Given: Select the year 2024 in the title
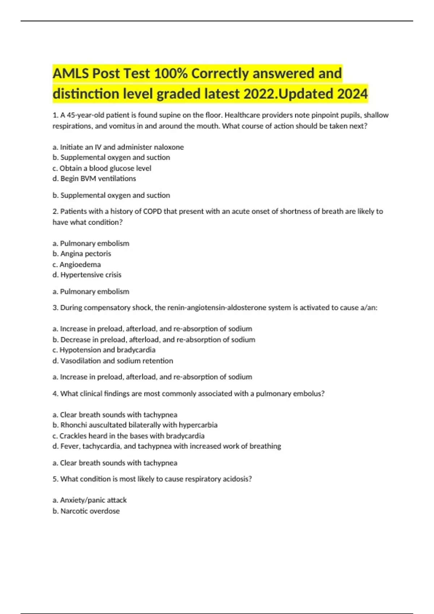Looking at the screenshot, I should click(x=352, y=94).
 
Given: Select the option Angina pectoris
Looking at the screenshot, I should click(x=85, y=254).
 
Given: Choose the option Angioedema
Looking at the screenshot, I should click(x=80, y=264).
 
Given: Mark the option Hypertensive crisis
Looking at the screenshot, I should click(x=91, y=275).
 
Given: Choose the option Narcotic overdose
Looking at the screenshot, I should click(x=90, y=511).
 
